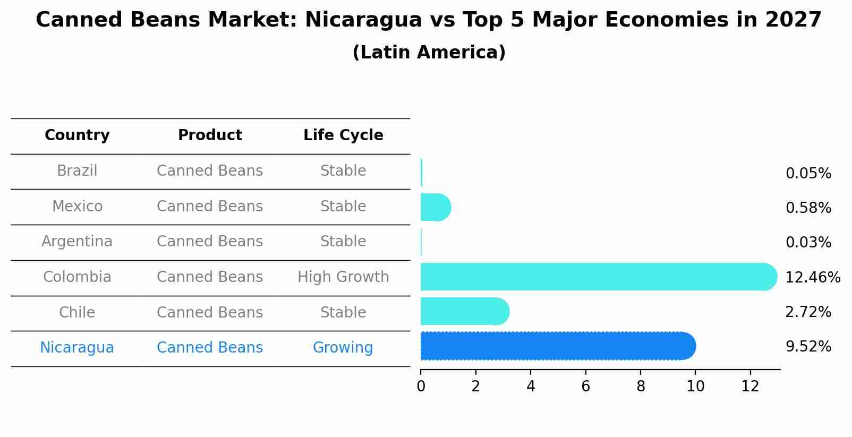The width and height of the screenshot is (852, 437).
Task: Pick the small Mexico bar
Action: (x=434, y=207)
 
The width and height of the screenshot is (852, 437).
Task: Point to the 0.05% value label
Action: (x=808, y=174)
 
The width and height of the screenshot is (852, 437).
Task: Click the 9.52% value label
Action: (x=808, y=347)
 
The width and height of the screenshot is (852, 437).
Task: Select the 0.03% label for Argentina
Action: (x=808, y=243)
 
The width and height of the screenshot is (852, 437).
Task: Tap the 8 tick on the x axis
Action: (x=641, y=387)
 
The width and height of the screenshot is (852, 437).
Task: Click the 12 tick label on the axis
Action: (x=750, y=387)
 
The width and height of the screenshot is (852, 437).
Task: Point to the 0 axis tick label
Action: (x=421, y=387)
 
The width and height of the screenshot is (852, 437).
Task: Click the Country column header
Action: (x=77, y=135)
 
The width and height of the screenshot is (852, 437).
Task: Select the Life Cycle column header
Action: (x=343, y=135)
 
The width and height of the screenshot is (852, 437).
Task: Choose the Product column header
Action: (x=210, y=135)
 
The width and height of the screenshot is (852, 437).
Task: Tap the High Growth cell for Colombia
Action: (x=343, y=277)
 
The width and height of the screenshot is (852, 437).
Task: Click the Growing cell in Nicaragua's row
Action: (x=343, y=348)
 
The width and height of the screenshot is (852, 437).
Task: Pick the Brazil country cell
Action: (x=77, y=171)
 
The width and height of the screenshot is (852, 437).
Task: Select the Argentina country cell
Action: (x=77, y=242)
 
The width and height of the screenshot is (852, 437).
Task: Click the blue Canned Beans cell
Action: (x=210, y=348)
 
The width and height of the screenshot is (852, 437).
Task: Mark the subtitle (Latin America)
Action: (x=429, y=53)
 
